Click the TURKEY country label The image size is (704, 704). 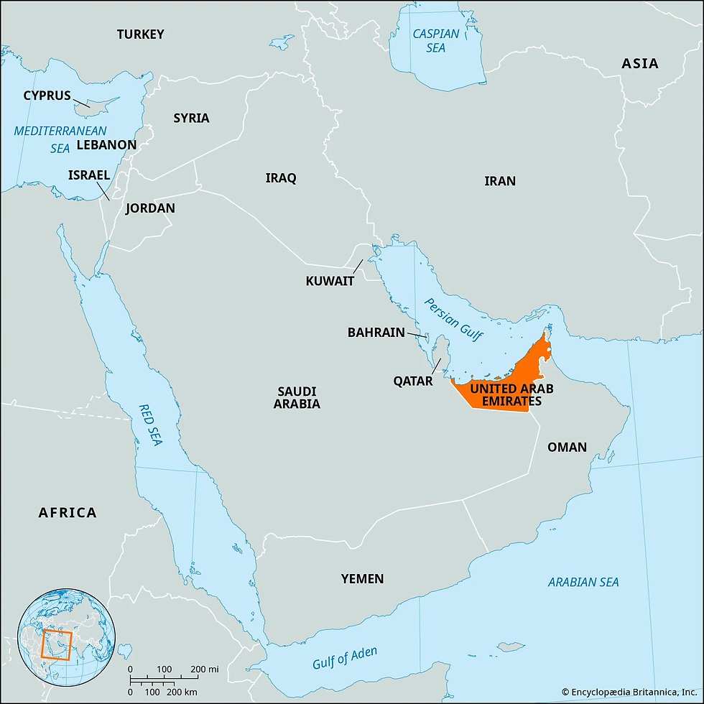click(141, 34)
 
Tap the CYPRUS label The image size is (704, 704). click(47, 95)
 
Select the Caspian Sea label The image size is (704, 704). click(436, 40)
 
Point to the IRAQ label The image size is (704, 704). click(280, 177)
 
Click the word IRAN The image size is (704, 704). click(499, 180)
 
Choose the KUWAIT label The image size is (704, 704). click(330, 281)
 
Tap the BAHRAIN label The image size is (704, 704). click(376, 333)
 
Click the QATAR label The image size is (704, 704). click(412, 381)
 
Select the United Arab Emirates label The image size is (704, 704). click(502, 395)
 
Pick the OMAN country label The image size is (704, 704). click(567, 447)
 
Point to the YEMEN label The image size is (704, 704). click(362, 578)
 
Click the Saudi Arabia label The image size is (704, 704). click(297, 397)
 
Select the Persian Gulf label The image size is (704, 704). click(454, 319)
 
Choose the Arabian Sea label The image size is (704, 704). click(583, 582)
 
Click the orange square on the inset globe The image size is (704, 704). click(55, 643)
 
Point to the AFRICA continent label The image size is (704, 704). click(67, 512)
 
